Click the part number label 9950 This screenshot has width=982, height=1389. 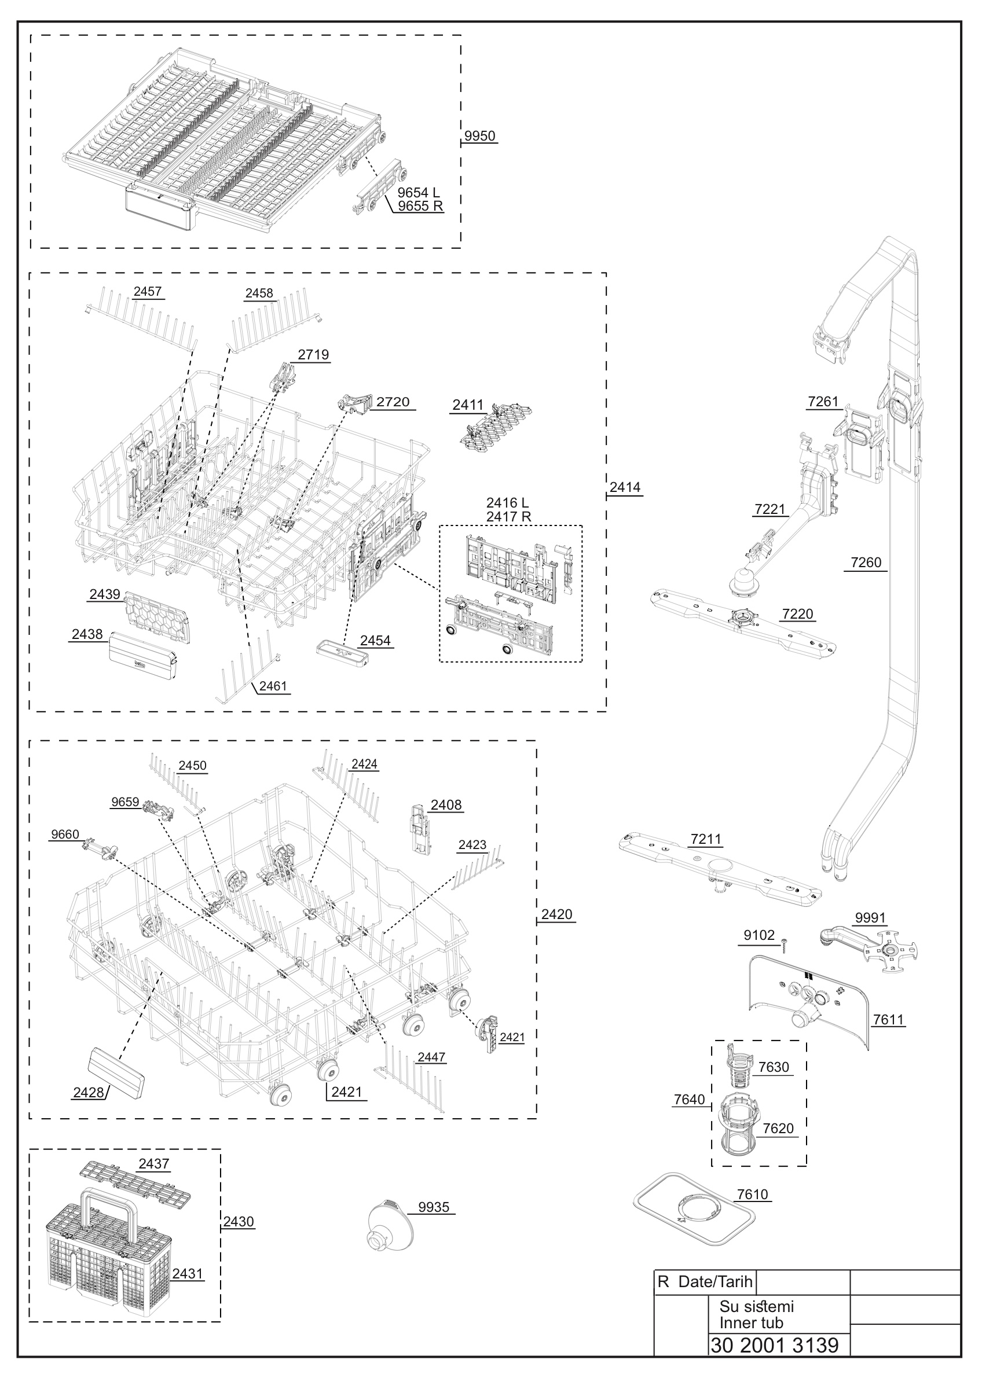click(480, 136)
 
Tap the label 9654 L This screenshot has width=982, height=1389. click(419, 192)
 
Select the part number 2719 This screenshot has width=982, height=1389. click(313, 355)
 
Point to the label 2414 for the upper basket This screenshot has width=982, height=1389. click(625, 487)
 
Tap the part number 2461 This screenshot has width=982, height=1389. click(273, 686)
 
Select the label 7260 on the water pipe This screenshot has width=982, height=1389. click(866, 562)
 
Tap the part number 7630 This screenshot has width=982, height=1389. click(774, 1067)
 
